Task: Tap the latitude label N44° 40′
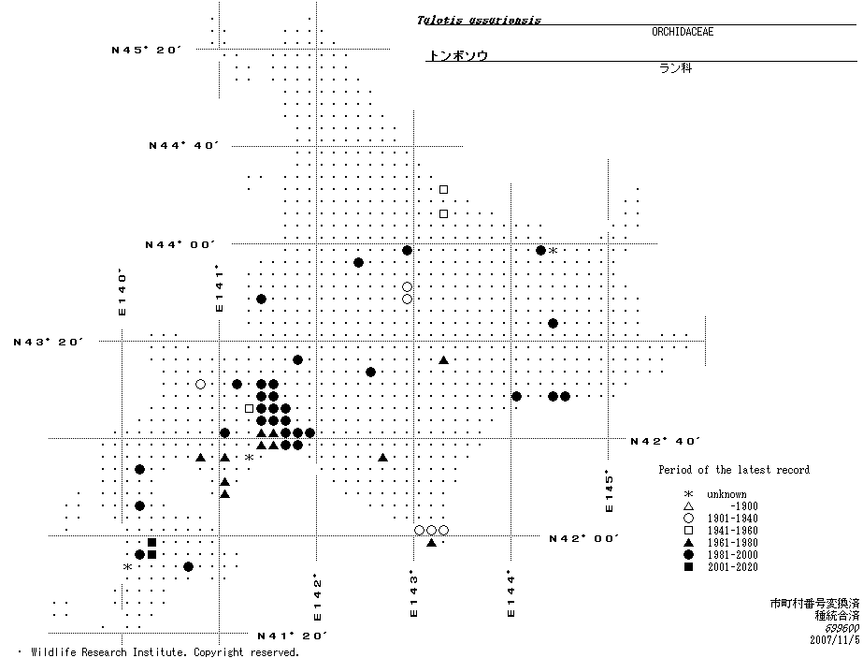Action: [x=183, y=146]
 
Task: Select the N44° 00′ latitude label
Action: [x=180, y=244]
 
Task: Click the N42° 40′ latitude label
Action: [x=665, y=440]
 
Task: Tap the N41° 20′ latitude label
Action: [x=292, y=636]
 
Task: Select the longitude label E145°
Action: [x=609, y=490]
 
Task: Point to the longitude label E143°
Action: [x=412, y=594]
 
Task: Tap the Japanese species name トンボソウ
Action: [x=457, y=56]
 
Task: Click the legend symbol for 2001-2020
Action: [x=688, y=567]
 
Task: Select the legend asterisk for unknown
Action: [x=688, y=494]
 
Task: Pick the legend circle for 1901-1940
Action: [x=688, y=519]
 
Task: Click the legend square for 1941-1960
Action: [x=688, y=531]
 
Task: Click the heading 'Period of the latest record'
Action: [x=734, y=470]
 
